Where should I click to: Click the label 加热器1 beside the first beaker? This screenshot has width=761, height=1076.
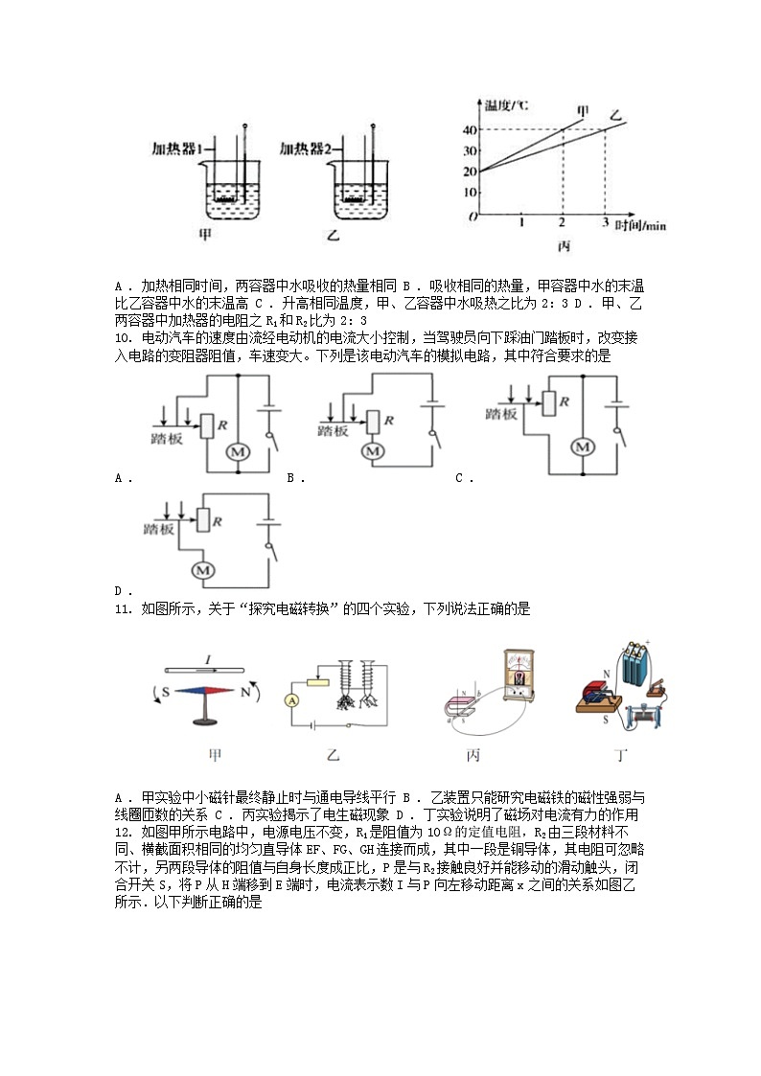(x=178, y=149)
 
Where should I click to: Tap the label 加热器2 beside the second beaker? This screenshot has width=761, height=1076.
(x=306, y=149)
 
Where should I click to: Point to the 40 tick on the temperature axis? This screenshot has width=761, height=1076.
(x=470, y=130)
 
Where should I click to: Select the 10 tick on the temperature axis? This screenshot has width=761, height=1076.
(x=470, y=193)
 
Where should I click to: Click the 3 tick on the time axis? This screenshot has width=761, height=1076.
(x=605, y=223)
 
